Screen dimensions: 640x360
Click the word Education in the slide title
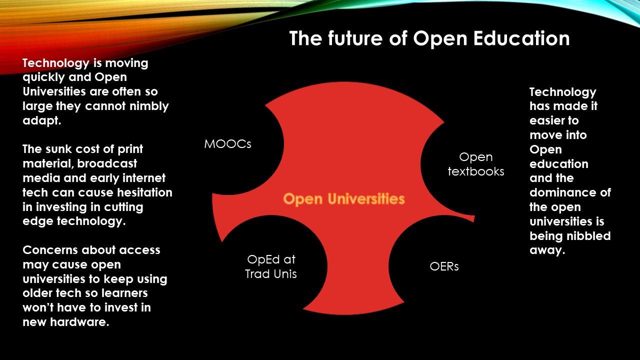pos(521,38)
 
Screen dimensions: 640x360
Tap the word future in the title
pos(355,38)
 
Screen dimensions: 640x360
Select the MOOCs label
pos(227,144)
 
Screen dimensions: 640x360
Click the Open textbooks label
pos(476,164)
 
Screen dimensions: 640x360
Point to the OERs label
pos(444,266)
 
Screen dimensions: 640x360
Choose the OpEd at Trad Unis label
pos(271,266)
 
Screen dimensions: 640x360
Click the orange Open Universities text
pos(344,199)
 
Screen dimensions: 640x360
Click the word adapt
pos(42,121)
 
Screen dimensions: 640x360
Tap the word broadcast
pos(107,163)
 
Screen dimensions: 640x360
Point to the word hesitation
pos(144,192)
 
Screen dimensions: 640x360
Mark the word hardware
pos(79,322)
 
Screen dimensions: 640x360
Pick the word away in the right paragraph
pos(547,251)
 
